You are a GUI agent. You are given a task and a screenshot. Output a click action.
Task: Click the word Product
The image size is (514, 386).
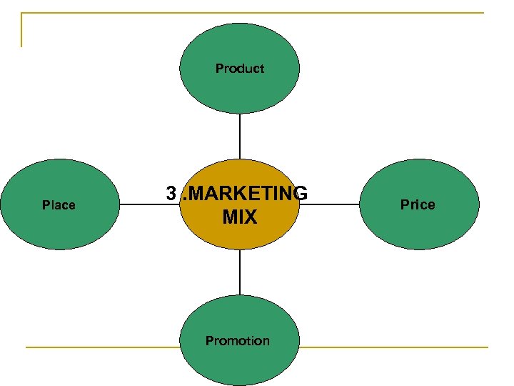tap(240, 69)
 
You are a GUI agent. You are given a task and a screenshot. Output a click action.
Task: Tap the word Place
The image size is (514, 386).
tap(59, 205)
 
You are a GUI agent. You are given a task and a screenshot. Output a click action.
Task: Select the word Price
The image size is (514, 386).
tap(418, 204)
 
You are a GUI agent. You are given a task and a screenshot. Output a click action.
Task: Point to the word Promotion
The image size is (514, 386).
tap(238, 341)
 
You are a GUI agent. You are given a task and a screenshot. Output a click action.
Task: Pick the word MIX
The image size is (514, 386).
tap(239, 217)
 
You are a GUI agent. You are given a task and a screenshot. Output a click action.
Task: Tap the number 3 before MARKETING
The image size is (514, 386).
tap(171, 194)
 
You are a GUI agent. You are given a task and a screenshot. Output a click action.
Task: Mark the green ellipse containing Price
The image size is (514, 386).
tap(418, 229)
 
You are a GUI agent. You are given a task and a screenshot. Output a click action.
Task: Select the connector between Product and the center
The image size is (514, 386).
tap(240, 136)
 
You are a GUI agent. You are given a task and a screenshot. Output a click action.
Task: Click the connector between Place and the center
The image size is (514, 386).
tap(143, 204)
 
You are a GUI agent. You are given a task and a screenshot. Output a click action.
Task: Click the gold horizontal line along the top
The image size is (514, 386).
tap(250, 13)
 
